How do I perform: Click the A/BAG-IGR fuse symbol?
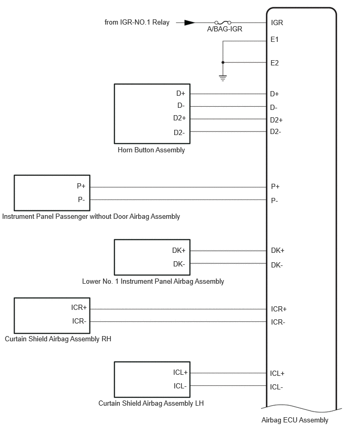coord(223,22)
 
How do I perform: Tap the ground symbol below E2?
coord(223,78)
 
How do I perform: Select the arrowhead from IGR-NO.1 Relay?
coord(189,23)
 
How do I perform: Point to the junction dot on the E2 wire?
coord(223,62)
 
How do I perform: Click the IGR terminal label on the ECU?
coord(277,23)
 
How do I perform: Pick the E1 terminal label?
coord(274,40)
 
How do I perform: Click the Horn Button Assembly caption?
coord(151,150)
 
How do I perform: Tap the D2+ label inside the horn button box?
coord(179,118)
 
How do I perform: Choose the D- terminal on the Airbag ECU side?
coord(274,107)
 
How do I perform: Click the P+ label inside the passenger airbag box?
coord(81,186)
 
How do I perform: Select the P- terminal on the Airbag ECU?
coord(274,201)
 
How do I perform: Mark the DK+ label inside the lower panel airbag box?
coord(178,250)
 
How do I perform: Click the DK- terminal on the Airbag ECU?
coord(277,265)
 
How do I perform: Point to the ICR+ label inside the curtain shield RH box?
coord(79,307)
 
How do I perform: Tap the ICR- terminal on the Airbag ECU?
coord(278,322)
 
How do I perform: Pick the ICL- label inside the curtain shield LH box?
coord(180,386)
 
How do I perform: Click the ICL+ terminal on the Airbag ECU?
coord(277,373)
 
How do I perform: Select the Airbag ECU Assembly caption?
coord(295,420)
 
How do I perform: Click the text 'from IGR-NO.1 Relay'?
coord(137,22)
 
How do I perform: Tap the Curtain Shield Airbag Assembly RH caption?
coord(58,339)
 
